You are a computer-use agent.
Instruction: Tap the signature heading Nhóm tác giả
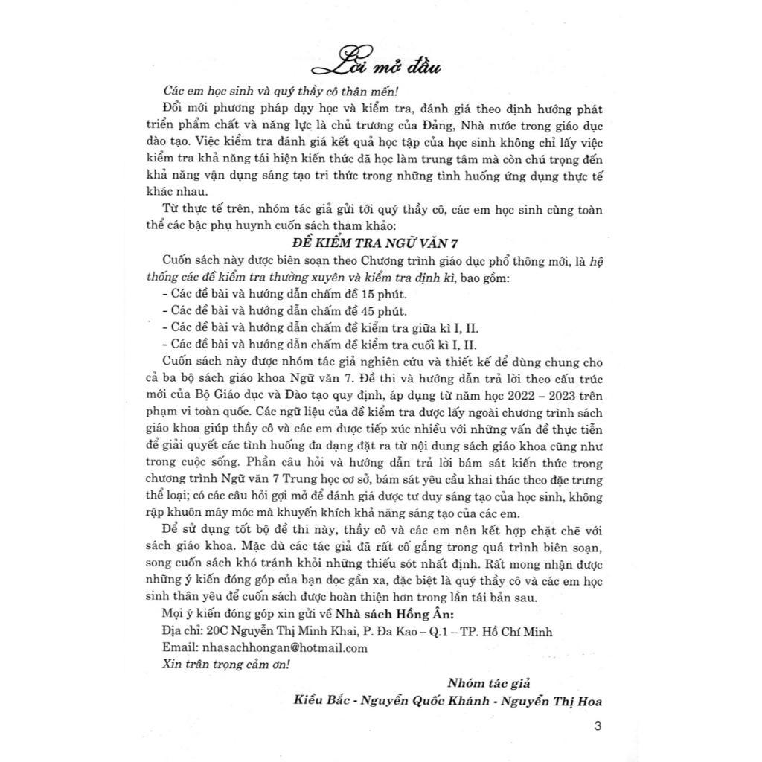click(x=488, y=683)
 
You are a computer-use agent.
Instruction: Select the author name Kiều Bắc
click(x=321, y=700)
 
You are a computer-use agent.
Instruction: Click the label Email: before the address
click(x=179, y=647)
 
